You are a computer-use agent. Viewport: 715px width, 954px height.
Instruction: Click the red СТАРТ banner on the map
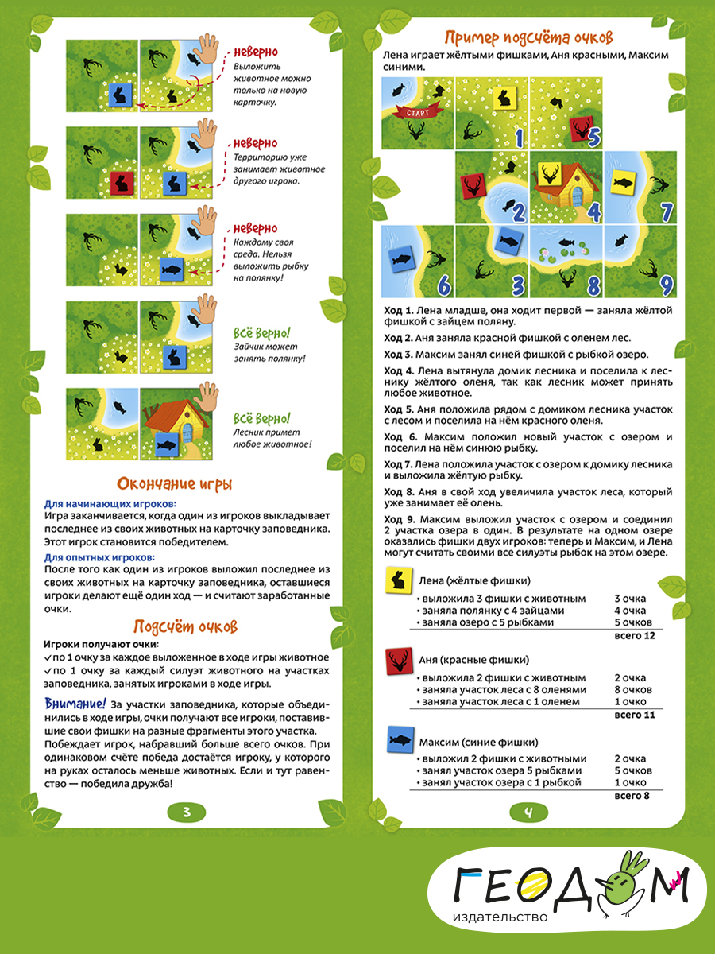pos(416,112)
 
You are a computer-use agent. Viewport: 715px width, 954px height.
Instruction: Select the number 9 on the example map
pos(667,284)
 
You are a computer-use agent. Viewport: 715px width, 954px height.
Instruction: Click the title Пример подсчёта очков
pos(528,37)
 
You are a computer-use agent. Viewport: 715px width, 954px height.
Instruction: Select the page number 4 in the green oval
pos(528,812)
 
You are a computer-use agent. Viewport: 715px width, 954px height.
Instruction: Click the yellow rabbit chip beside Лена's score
pos(397,581)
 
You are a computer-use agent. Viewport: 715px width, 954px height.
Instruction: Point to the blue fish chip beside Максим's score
pos(398,741)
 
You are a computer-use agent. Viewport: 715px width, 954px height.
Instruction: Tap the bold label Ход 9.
pos(400,519)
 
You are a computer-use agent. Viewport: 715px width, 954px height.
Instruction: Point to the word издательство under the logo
pos(500,917)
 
